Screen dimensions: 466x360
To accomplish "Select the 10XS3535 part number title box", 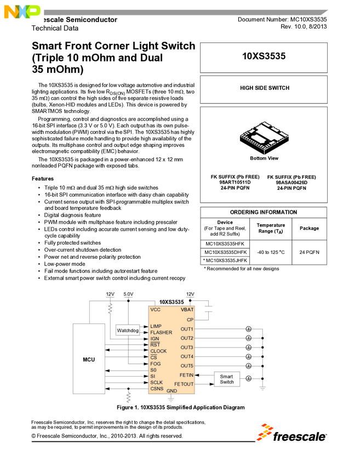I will point(264,56).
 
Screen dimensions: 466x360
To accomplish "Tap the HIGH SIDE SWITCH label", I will point(264,88).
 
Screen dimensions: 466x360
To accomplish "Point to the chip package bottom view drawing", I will point(264,139).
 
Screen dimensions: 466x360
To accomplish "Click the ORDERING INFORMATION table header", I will point(264,212).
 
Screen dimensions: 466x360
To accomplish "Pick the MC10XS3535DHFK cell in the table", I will point(225,252).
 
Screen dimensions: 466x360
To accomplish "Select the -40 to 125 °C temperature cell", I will point(270,252).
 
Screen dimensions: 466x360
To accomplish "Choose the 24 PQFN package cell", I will point(309,252).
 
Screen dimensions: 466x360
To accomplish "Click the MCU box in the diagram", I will point(89,360).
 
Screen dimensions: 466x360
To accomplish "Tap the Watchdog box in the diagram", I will point(127,331).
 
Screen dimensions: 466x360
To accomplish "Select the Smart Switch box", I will point(226,379).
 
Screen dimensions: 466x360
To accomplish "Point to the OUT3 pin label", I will point(187,348).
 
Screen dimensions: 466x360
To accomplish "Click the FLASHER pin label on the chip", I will point(161,333).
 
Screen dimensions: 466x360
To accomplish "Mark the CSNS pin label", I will point(157,389).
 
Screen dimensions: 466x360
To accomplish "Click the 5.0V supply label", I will point(128,294).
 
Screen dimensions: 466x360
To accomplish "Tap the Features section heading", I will point(42,179).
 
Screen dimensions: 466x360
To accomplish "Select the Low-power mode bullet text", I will point(65,264).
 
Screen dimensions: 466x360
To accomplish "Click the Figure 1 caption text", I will point(180,407).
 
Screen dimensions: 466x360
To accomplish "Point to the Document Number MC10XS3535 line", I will point(282,19).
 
